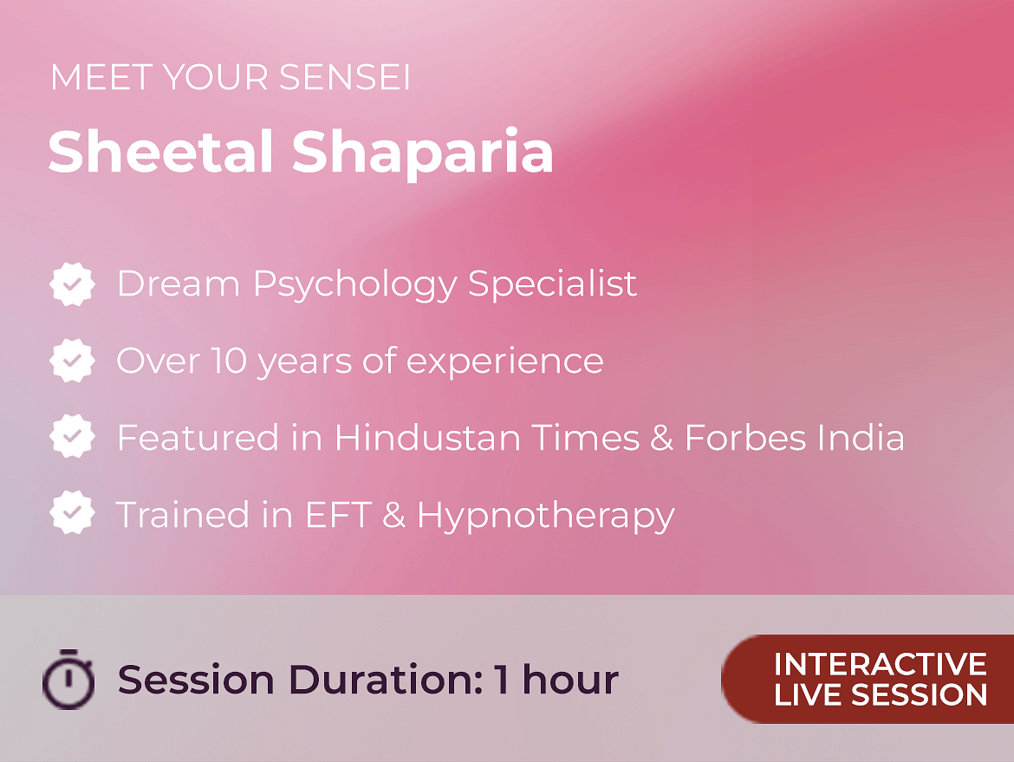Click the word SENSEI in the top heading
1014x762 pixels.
click(345, 77)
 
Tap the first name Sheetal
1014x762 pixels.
click(160, 152)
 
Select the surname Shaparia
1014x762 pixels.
click(422, 154)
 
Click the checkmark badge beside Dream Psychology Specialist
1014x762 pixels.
click(73, 284)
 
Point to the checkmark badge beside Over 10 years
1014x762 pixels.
click(73, 361)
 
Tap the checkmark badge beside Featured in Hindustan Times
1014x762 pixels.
click(73, 437)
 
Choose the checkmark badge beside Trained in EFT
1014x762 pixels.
click(73, 513)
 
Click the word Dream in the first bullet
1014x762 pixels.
click(179, 283)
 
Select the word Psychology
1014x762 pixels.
click(355, 286)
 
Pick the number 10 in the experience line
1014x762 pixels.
click(231, 361)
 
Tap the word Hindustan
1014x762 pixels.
click(427, 437)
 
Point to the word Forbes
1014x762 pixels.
click(745, 437)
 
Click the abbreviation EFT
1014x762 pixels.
click(338, 515)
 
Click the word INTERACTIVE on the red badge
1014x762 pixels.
click(881, 664)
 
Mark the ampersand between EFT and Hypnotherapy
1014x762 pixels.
click(393, 515)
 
